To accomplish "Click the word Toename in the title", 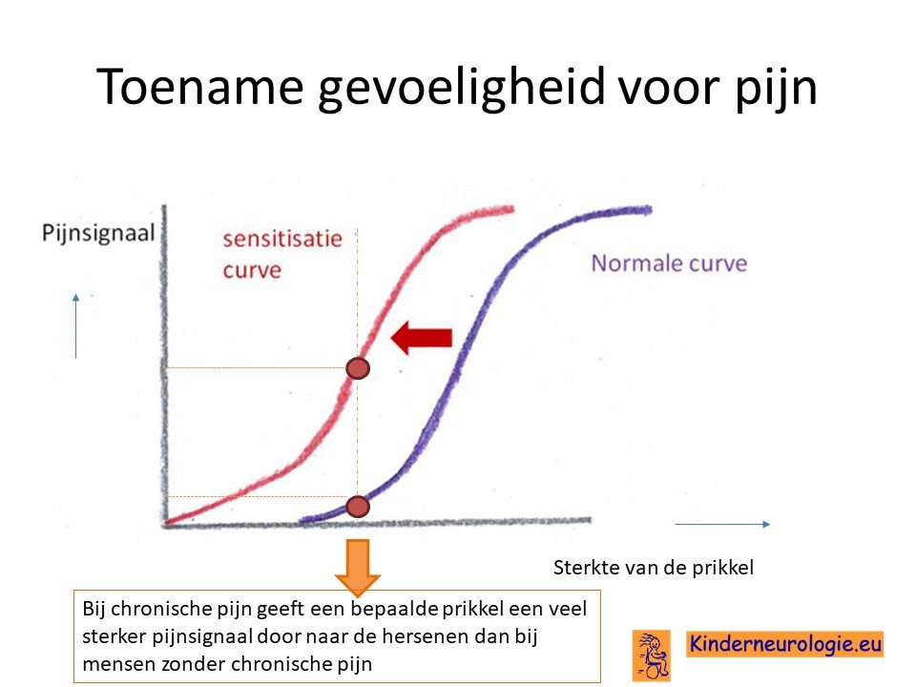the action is coord(199,87).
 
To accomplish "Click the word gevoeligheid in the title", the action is coord(462,88).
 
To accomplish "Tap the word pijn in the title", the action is coord(775,88).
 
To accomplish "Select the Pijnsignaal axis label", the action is coord(98,233).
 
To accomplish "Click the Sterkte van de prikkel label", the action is coord(653,567).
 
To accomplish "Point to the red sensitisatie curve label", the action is coord(282,254).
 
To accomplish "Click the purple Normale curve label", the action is coord(669,263).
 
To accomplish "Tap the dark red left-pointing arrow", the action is coord(421,338).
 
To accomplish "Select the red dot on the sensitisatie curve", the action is coord(358,368).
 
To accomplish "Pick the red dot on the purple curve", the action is coord(358,507).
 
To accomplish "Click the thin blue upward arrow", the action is coord(76,326).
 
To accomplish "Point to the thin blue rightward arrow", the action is coord(722,525).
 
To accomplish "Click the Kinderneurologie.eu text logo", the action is coord(784,644).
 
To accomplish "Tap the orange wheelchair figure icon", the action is coord(652,656).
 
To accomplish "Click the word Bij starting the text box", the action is coord(94,610).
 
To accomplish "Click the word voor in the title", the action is coord(670,88).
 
